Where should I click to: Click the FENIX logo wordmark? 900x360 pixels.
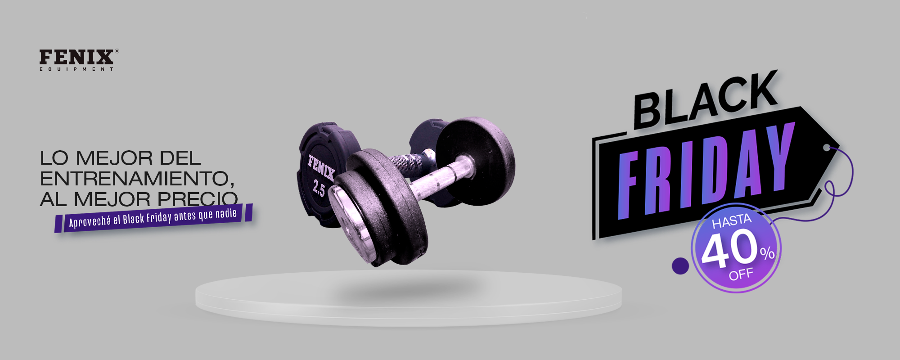[x=76, y=57]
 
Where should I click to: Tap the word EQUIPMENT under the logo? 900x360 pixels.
[x=76, y=69]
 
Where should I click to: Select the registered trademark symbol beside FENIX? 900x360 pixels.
[x=117, y=51]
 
